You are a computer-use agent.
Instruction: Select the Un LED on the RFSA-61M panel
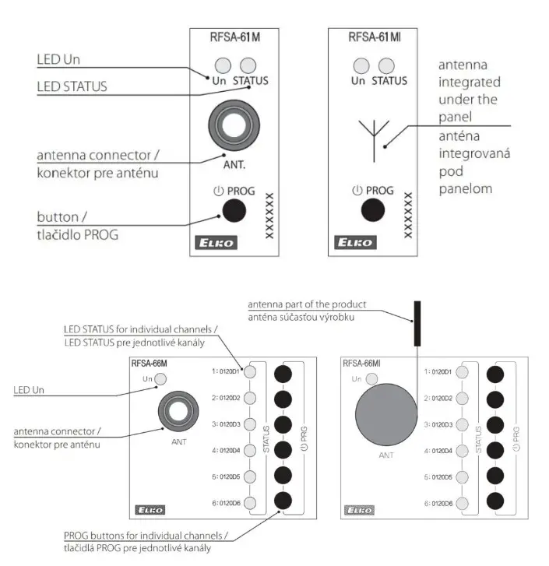(x=223, y=65)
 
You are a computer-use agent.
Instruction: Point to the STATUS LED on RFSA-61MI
(x=389, y=65)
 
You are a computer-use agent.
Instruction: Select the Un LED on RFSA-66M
(x=160, y=378)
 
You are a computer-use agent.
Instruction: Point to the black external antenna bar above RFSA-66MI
(x=417, y=322)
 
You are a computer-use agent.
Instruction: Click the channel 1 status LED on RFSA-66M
(x=251, y=372)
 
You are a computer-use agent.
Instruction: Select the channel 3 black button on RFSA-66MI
(x=494, y=424)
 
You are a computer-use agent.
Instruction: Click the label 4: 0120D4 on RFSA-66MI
(x=438, y=450)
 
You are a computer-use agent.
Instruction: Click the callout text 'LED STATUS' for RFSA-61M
(x=72, y=86)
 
